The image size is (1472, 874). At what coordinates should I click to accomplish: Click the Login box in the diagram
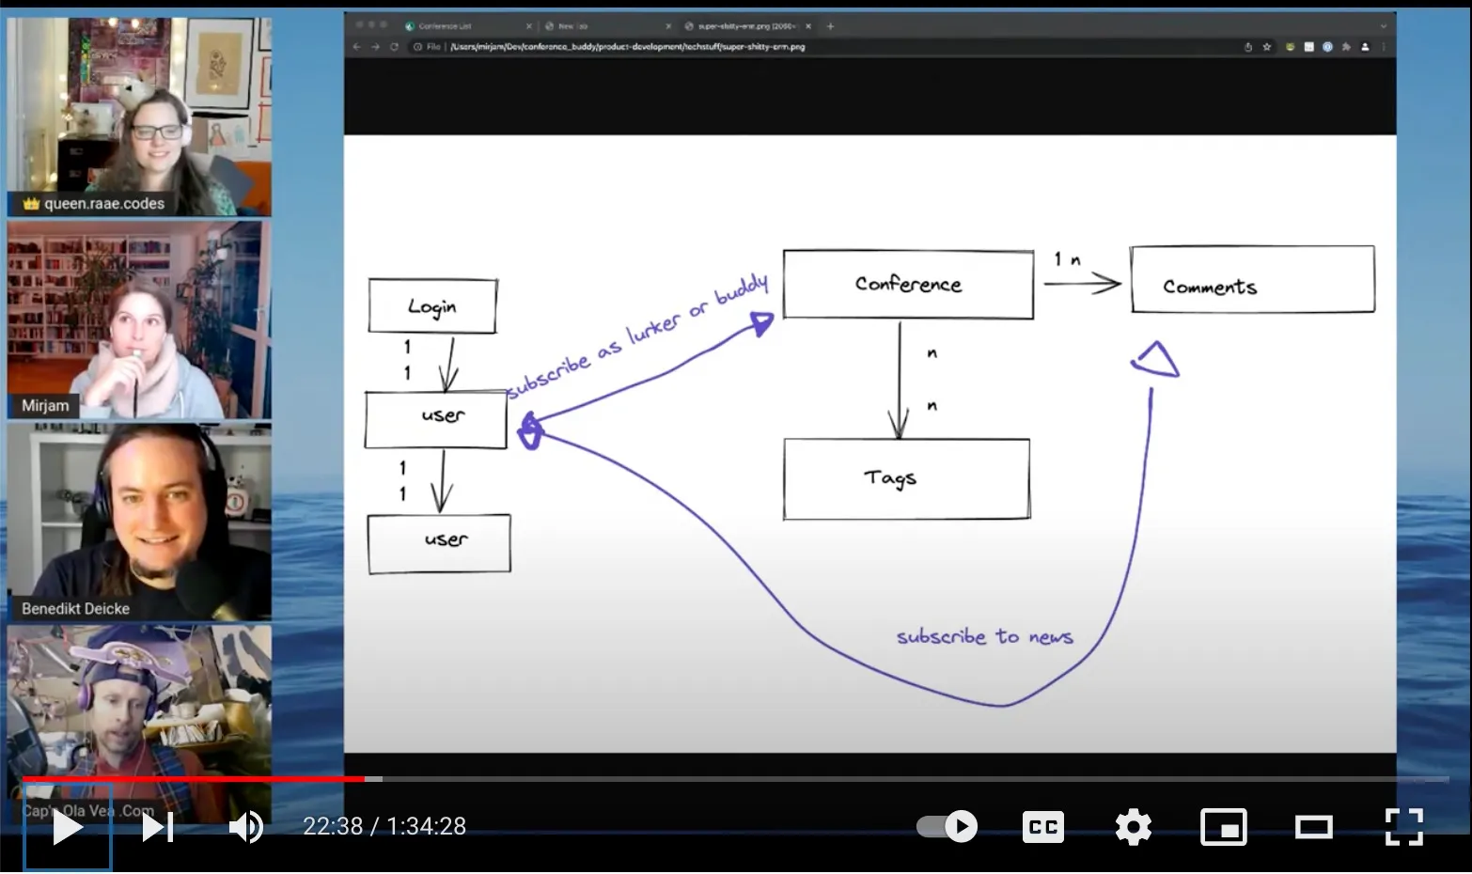pyautogui.click(x=432, y=306)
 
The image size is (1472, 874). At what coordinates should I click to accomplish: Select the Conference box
pyautogui.click(x=908, y=284)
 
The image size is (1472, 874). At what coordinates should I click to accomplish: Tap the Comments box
pyautogui.click(x=1252, y=280)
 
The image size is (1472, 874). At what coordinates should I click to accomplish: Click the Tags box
pyautogui.click(x=906, y=479)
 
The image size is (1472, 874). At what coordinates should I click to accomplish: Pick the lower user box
pyautogui.click(x=439, y=543)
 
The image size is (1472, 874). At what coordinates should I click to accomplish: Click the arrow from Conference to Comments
pyautogui.click(x=1081, y=282)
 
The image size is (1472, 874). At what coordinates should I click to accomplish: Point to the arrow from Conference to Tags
pyautogui.click(x=900, y=381)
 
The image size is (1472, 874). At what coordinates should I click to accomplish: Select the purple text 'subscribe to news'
pyautogui.click(x=984, y=637)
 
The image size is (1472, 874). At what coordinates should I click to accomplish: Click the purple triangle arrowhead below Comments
pyautogui.click(x=1156, y=361)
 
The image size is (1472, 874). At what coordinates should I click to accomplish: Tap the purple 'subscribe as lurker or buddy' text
pyautogui.click(x=638, y=337)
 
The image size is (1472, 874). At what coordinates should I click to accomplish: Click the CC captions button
pyautogui.click(x=1042, y=827)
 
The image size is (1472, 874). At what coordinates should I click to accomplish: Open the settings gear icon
pyautogui.click(x=1133, y=827)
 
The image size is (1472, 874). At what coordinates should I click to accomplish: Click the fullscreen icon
pyautogui.click(x=1403, y=827)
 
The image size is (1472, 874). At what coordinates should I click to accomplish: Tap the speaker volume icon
pyautogui.click(x=245, y=827)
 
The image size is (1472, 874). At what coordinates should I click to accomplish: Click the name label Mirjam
pyautogui.click(x=45, y=406)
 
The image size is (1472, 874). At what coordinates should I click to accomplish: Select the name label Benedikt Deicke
pyautogui.click(x=75, y=609)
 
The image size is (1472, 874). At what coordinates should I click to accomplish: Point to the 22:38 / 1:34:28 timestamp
pyautogui.click(x=384, y=826)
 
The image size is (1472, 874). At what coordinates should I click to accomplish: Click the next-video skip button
pyautogui.click(x=157, y=827)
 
